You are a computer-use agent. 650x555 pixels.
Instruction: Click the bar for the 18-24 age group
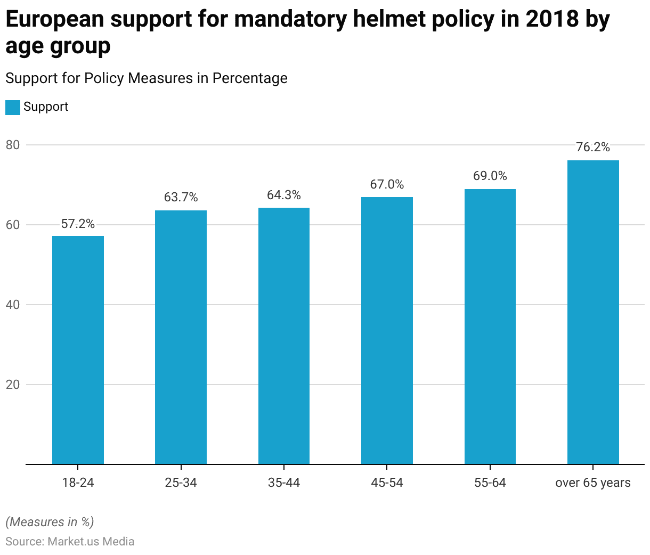(x=78, y=350)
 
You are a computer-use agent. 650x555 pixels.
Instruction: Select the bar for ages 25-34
(x=181, y=337)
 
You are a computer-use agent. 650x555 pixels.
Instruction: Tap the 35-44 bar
(x=284, y=336)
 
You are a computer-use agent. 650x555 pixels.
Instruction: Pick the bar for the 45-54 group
(x=387, y=331)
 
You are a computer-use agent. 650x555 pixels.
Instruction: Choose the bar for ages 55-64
(x=490, y=327)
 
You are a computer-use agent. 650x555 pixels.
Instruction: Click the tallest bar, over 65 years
(x=593, y=312)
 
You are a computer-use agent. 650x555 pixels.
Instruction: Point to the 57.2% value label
(x=78, y=224)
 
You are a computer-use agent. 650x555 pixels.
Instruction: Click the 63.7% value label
(x=181, y=198)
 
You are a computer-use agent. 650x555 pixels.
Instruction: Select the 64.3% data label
(x=284, y=195)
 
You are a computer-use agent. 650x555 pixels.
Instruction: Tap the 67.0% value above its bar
(x=387, y=185)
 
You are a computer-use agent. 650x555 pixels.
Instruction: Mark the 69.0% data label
(x=490, y=176)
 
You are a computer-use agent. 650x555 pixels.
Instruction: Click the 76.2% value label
(x=593, y=148)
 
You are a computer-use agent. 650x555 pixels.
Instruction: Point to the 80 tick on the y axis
(x=13, y=145)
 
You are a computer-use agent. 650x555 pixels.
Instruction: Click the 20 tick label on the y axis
(x=13, y=385)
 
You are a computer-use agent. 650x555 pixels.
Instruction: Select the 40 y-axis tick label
(x=13, y=305)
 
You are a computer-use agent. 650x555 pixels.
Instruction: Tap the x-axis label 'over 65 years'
(x=593, y=483)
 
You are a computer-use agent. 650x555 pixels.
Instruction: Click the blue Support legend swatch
(x=13, y=107)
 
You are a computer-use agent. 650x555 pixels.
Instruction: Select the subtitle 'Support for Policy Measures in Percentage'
(x=147, y=78)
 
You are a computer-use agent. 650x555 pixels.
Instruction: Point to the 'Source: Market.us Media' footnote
(x=70, y=542)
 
